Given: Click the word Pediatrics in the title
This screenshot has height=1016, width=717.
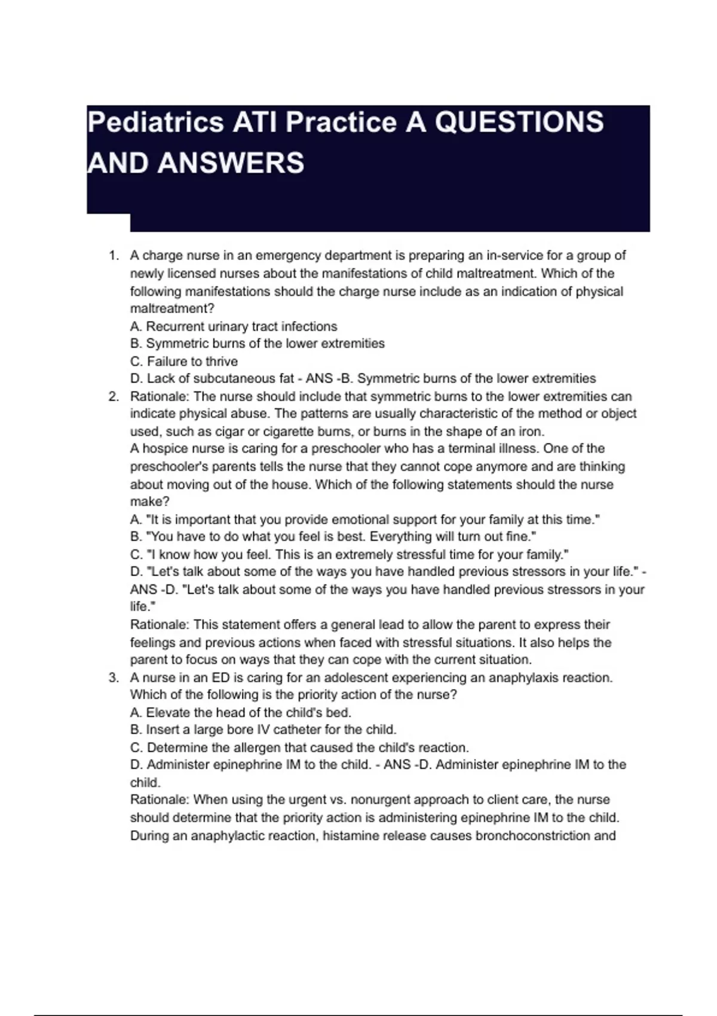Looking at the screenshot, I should point(155,123).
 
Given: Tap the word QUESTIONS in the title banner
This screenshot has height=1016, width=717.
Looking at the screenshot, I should point(519,122).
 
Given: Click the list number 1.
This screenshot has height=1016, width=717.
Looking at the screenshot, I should point(113,256).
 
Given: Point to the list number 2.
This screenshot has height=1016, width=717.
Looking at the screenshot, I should point(113,397).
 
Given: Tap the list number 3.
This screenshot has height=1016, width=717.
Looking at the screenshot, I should point(113,678).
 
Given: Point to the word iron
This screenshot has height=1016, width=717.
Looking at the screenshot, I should point(531,432).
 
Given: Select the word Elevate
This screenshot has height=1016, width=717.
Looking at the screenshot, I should point(167,712).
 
